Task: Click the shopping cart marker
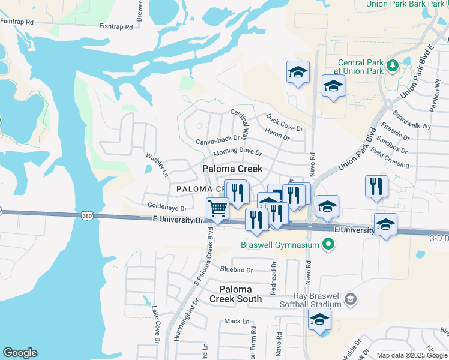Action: [x=217, y=209]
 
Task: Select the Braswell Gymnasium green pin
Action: [x=328, y=244]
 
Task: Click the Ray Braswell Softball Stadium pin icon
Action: [x=352, y=299]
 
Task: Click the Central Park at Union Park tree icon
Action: [x=393, y=65]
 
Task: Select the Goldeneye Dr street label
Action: [x=167, y=207]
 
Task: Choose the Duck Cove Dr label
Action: [x=285, y=123]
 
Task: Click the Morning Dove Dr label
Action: [x=238, y=152]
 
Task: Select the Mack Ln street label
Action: [x=236, y=322]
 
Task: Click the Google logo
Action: [x=20, y=353]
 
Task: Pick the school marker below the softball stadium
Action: [x=319, y=320]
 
